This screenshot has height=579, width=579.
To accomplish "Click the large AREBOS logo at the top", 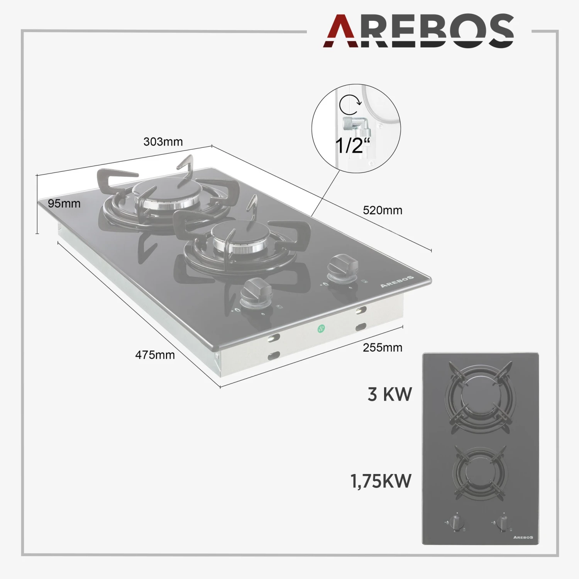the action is click(418, 31).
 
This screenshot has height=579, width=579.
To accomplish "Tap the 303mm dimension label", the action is click(163, 142).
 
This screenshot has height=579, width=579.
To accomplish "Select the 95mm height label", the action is click(64, 203).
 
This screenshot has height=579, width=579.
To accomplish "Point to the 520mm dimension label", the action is click(383, 210).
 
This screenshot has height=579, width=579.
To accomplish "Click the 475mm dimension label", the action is click(155, 355).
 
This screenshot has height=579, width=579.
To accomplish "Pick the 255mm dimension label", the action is click(383, 347).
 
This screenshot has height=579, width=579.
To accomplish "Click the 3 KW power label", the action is click(390, 394).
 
